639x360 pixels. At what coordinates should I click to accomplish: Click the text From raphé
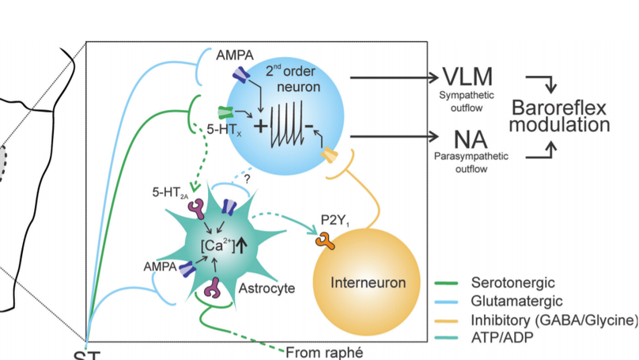pos(326,352)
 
